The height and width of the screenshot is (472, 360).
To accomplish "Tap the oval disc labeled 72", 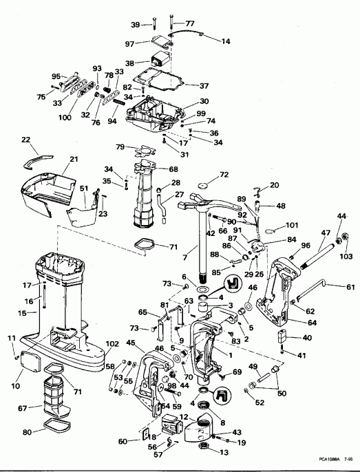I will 204,186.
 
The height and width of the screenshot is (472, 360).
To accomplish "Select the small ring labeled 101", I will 273,225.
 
